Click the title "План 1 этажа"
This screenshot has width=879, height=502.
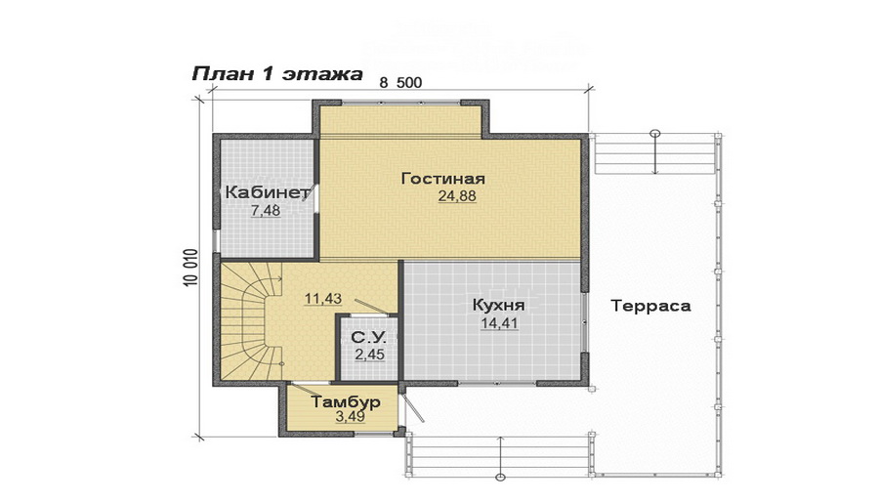[276, 74]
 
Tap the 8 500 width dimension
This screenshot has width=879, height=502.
[400, 83]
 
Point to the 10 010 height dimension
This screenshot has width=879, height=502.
[189, 267]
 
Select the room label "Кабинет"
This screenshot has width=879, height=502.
[267, 192]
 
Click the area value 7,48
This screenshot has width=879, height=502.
[266, 211]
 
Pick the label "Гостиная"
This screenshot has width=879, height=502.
[442, 179]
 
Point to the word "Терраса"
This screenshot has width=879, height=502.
[650, 306]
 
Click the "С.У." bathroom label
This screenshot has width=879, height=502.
[368, 338]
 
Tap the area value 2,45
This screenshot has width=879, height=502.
[369, 355]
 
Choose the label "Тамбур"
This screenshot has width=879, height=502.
[345, 401]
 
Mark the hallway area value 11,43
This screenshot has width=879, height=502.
[322, 299]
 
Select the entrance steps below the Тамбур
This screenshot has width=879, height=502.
[498, 453]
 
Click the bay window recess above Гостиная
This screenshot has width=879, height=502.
[400, 121]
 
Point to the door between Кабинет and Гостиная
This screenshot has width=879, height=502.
[316, 193]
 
